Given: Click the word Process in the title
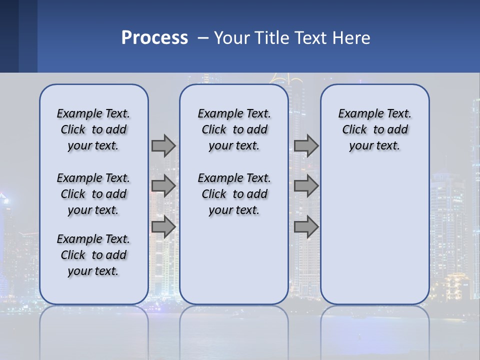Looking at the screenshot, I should (x=154, y=38).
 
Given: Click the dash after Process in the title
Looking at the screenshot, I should (x=203, y=38).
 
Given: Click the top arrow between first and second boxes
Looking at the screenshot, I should (x=163, y=146).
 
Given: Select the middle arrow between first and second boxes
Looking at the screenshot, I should (x=163, y=186).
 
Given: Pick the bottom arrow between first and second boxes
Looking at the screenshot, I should (x=163, y=226).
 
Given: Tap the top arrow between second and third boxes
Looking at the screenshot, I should (x=306, y=146).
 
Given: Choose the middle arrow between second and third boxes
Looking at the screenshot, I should (x=306, y=186).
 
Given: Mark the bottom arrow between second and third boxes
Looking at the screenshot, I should (x=306, y=226).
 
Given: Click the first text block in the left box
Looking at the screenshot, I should (x=93, y=129).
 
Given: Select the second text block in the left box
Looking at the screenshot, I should (x=93, y=194).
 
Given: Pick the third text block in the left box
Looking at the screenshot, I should (x=93, y=255).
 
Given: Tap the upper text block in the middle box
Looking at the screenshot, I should (x=234, y=129).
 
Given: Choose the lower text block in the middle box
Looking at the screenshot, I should (x=234, y=194).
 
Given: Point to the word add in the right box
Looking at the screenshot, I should (x=397, y=129).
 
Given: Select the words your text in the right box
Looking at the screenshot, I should (x=374, y=145).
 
